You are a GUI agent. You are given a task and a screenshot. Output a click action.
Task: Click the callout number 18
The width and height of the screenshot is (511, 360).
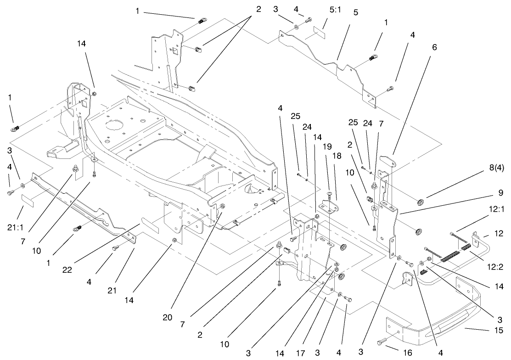[337, 156]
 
